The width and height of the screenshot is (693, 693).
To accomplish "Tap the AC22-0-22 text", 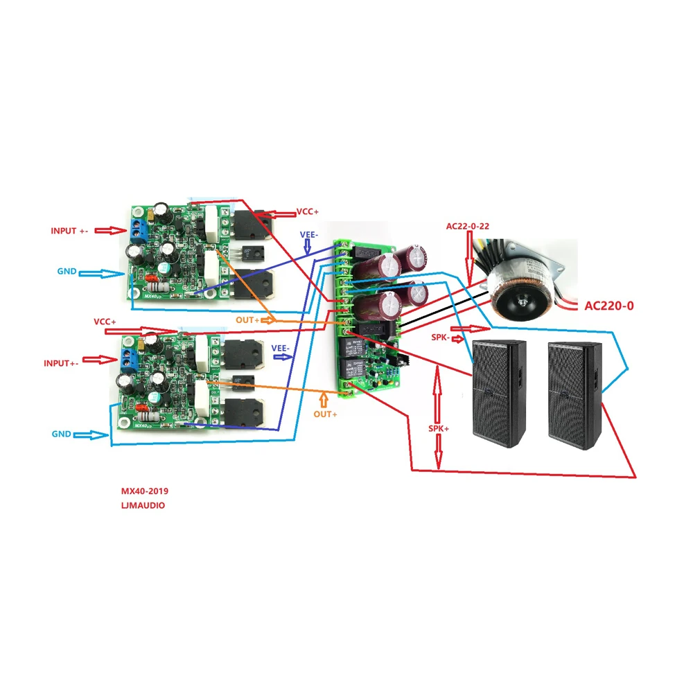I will pyautogui.click(x=471, y=227).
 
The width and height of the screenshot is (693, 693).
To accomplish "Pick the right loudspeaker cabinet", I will pyautogui.click(x=575, y=395).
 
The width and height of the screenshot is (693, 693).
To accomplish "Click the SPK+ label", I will pyautogui.click(x=438, y=429).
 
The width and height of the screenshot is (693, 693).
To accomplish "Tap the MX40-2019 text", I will pyautogui.click(x=145, y=491).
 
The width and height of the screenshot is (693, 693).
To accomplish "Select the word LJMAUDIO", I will pyautogui.click(x=143, y=506).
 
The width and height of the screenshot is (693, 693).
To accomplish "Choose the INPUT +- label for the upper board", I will pyautogui.click(x=69, y=231).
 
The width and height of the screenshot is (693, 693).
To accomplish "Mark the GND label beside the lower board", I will pyautogui.click(x=61, y=434).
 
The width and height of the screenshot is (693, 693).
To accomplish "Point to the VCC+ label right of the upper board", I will pyautogui.click(x=308, y=211).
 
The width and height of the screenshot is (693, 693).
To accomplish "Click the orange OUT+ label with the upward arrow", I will pyautogui.click(x=325, y=414).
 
